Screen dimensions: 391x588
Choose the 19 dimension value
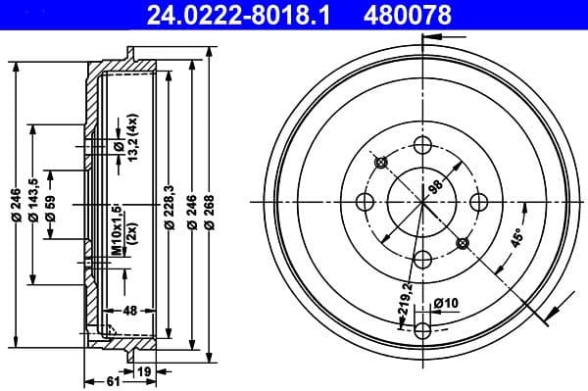144,370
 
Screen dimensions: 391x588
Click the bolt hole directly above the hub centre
423,145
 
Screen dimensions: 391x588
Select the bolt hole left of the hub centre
367,202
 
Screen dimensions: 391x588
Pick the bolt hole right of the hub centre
480,202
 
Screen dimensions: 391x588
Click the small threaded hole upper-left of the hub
382,162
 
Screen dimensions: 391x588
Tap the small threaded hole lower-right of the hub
464,242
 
